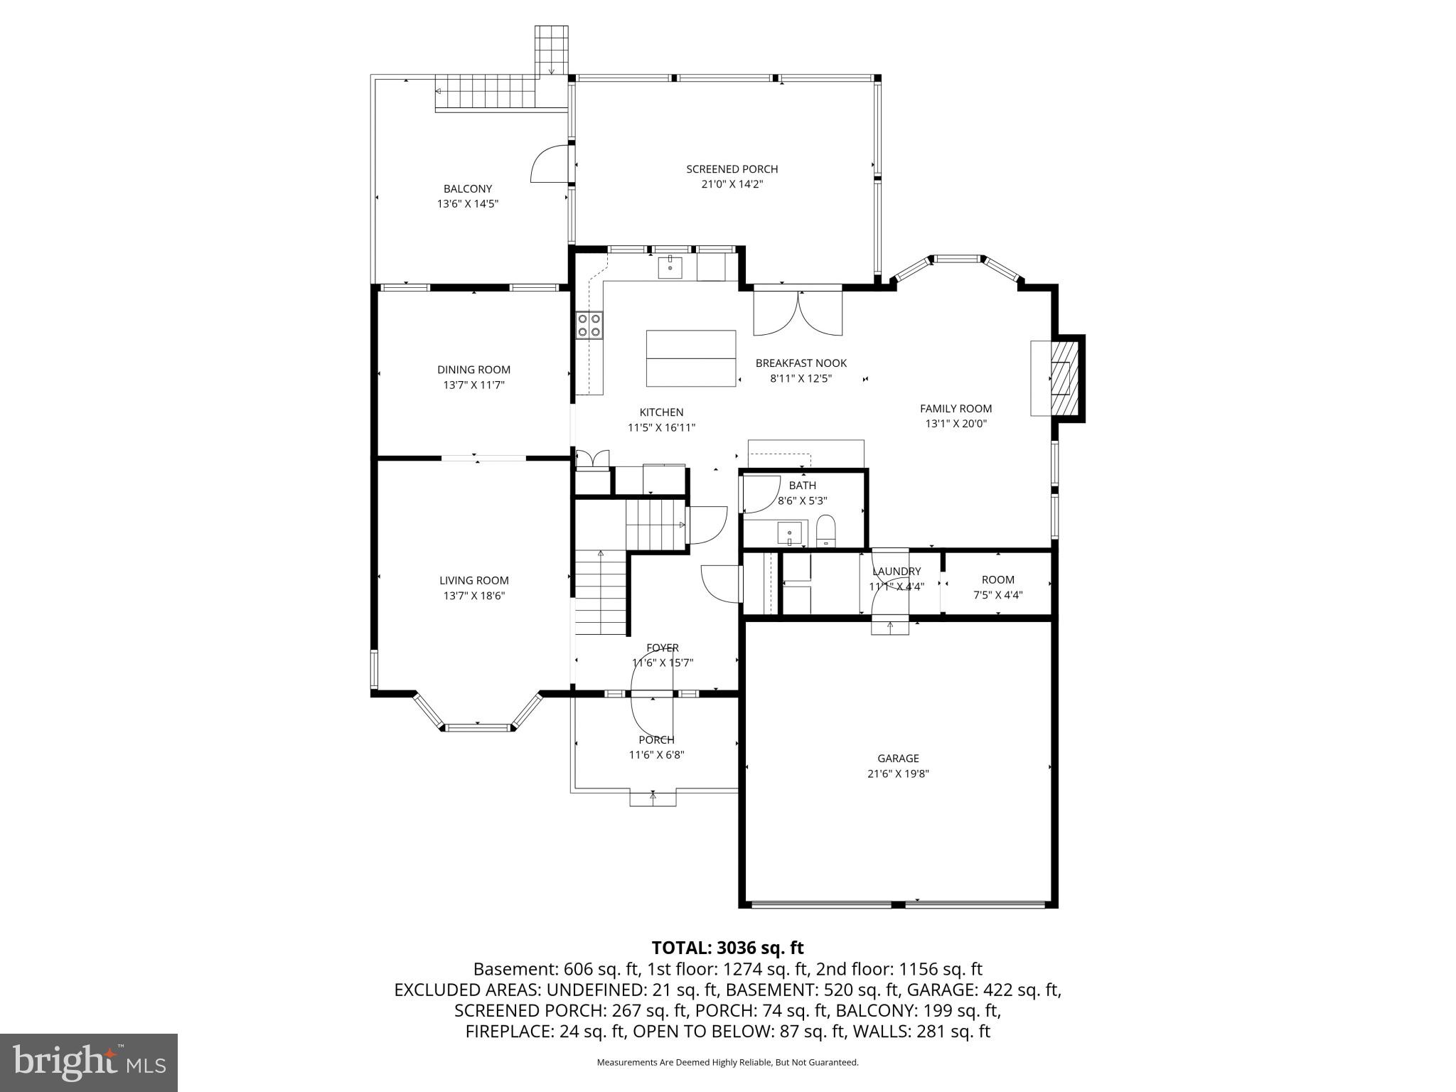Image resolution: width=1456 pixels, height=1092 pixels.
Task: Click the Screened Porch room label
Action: [732, 169]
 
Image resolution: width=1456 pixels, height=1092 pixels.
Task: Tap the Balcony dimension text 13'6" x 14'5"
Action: [467, 204]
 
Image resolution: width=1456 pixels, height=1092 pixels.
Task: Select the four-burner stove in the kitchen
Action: [589, 325]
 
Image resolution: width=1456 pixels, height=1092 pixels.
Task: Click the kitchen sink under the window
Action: [670, 268]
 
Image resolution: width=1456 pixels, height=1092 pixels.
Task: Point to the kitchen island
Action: [690, 358]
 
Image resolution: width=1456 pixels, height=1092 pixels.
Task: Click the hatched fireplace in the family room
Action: [1061, 378]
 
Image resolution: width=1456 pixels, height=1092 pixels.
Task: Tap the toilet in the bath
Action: [825, 530]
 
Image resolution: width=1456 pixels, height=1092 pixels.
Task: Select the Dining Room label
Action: [473, 370]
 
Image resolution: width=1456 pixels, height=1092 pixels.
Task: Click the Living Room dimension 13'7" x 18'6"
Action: [473, 596]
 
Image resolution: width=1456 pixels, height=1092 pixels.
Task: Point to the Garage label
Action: [898, 759]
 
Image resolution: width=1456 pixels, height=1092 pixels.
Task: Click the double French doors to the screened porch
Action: [798, 314]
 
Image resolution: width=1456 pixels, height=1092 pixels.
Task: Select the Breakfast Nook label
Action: [801, 363]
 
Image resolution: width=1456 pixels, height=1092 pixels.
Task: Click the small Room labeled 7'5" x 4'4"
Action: [997, 587]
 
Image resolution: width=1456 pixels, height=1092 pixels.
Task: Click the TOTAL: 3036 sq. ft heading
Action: [727, 948]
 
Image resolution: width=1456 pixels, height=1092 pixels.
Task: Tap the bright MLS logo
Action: [89, 1062]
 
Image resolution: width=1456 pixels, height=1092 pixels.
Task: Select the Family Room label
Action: [955, 409]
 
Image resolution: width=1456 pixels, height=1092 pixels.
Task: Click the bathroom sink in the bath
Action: [789, 532]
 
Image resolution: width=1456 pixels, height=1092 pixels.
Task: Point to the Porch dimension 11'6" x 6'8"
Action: [656, 755]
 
